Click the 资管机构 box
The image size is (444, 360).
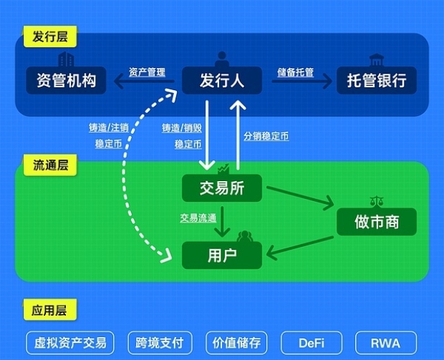66,80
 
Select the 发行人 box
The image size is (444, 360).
222,80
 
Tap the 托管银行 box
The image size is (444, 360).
377,80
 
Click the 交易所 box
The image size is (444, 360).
222,188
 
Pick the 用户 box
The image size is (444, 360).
222,256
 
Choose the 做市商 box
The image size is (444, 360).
377,222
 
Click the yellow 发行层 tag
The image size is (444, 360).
50,37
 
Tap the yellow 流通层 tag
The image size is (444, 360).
50,165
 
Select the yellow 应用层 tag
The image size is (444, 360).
50,310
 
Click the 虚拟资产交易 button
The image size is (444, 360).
70,343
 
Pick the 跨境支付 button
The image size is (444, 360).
160,343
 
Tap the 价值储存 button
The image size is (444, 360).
236,343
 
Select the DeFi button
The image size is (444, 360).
312,343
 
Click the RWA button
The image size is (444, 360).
386,343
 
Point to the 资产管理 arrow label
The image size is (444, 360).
147,72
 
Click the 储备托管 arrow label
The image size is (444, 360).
295,72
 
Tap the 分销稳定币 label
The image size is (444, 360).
266,136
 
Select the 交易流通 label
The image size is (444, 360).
198,218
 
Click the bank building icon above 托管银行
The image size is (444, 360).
376,59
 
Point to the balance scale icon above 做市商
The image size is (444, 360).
377,201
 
